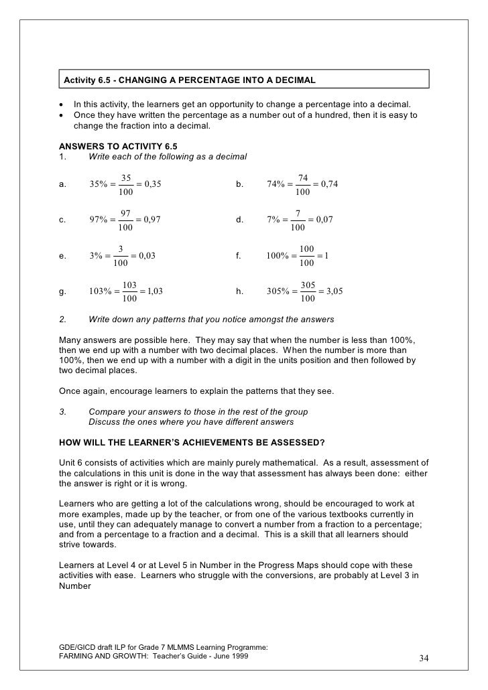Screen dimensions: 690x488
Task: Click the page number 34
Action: [x=424, y=658]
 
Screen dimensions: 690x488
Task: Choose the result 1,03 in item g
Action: [x=154, y=291]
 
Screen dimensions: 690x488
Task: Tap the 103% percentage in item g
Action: [x=100, y=291]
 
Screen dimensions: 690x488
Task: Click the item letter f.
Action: [x=238, y=255]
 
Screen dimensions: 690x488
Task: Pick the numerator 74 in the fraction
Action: [x=303, y=178]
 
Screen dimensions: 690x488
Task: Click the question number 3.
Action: [x=62, y=411]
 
